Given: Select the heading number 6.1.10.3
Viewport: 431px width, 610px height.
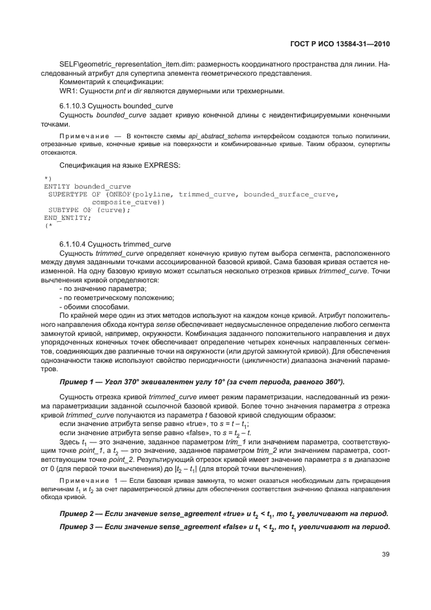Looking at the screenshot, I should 74,105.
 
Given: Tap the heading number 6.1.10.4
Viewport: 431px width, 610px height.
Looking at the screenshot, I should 74,243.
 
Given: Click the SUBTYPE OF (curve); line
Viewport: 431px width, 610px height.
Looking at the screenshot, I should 89,209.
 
